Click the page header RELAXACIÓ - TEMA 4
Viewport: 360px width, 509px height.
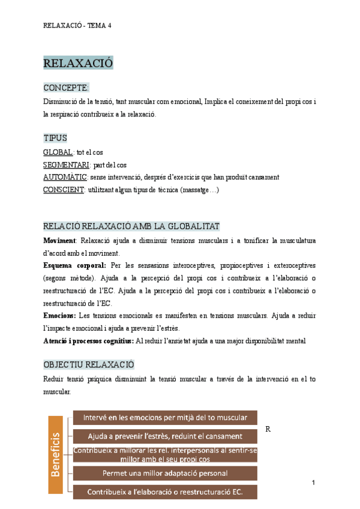point(77,25)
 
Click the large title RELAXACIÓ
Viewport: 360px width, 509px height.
point(78,63)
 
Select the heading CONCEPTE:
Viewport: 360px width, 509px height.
point(66,88)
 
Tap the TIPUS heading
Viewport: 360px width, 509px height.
point(55,138)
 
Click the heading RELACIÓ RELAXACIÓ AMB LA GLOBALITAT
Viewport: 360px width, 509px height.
point(131,226)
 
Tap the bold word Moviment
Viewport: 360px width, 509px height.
point(59,241)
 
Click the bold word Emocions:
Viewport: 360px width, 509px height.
point(60,315)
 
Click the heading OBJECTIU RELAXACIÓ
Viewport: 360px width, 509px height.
point(89,364)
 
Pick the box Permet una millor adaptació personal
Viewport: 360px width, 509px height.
point(165,473)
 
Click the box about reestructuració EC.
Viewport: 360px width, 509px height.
point(165,492)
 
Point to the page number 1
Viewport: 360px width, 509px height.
point(314,483)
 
